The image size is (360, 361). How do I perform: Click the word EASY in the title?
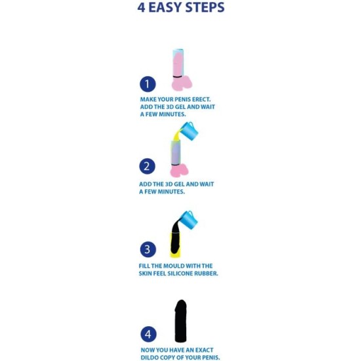166,7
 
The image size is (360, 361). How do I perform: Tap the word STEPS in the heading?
205,7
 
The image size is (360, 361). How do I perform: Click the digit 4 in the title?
142,7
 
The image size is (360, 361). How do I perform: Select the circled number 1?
148,84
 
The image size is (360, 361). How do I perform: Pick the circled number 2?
148,166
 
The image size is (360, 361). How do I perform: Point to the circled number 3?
148,249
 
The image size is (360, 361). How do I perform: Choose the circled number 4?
148,334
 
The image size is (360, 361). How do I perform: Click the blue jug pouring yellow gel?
189,130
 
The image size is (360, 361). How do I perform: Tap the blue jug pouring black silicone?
188,219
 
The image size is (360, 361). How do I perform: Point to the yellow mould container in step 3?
176,245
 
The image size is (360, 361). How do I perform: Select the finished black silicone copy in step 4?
181,321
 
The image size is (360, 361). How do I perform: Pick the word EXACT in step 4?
205,350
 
